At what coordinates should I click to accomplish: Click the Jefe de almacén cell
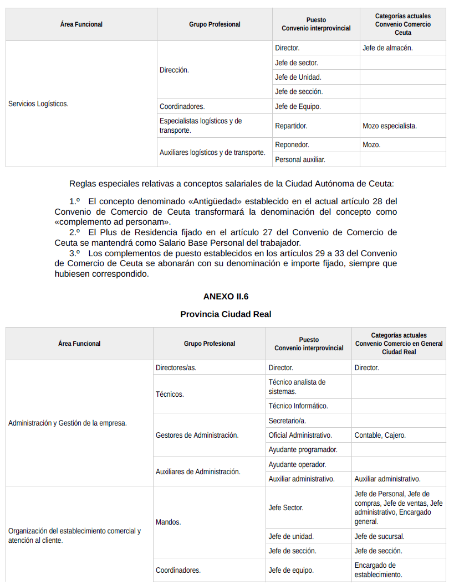pyautogui.click(x=387, y=48)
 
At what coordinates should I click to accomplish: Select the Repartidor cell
pyautogui.click(x=291, y=126)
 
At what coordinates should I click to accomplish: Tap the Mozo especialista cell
pyautogui.click(x=389, y=126)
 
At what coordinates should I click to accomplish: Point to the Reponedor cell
pyautogui.click(x=292, y=145)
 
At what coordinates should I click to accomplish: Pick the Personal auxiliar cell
pyautogui.click(x=300, y=159)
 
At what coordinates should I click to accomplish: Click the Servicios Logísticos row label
pyautogui.click(x=38, y=103)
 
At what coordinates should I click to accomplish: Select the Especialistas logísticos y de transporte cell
pyautogui.click(x=201, y=126)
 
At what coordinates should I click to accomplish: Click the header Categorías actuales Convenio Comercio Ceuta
pyautogui.click(x=402, y=24)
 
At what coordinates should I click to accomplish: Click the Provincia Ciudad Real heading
pyautogui.click(x=226, y=314)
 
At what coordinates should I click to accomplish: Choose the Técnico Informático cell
pyautogui.click(x=298, y=406)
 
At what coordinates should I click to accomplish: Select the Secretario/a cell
pyautogui.click(x=287, y=421)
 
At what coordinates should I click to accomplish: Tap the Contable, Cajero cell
pyautogui.click(x=380, y=435)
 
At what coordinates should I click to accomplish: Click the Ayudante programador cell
pyautogui.click(x=303, y=450)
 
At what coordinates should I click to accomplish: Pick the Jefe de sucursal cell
pyautogui.click(x=379, y=536)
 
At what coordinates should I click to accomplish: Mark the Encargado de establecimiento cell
pyautogui.click(x=378, y=570)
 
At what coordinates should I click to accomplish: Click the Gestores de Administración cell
pyautogui.click(x=197, y=435)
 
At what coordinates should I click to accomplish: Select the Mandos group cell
pyautogui.click(x=168, y=522)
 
